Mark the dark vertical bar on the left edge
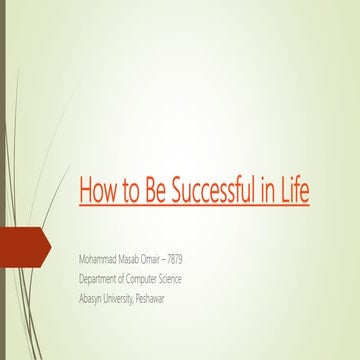point(3,180)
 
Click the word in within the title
point(270,190)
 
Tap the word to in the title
point(127,190)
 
